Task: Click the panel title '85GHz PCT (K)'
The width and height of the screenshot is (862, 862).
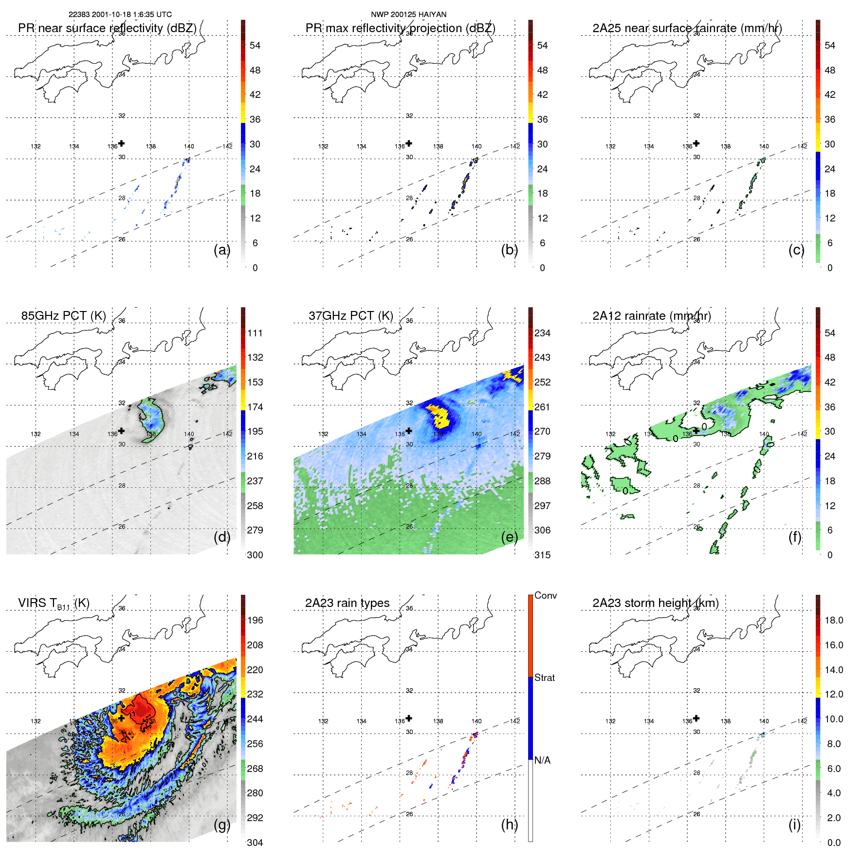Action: (x=63, y=316)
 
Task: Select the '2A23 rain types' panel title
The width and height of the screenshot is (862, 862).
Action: (x=347, y=603)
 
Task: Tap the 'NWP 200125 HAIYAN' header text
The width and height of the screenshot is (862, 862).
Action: (x=408, y=15)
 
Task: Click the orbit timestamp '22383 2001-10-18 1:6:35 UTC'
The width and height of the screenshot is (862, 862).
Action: (x=120, y=15)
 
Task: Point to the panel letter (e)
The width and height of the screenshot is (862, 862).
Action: (x=509, y=537)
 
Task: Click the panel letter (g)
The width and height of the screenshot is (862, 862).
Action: (x=222, y=825)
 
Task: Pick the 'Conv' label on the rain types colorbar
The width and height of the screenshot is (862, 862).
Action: (x=545, y=596)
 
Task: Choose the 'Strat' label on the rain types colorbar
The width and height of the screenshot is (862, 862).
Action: (x=544, y=678)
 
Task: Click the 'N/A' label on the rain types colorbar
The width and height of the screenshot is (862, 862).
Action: (x=542, y=760)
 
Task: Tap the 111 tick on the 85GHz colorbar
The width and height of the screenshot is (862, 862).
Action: (x=255, y=333)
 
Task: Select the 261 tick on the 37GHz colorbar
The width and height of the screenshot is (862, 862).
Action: (x=542, y=407)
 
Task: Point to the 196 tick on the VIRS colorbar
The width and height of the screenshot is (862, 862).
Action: (x=255, y=621)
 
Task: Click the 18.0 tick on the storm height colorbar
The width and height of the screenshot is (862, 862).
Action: (x=833, y=621)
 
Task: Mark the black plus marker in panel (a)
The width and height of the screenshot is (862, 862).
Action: (x=121, y=143)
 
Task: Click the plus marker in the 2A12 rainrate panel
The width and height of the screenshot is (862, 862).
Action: (x=696, y=431)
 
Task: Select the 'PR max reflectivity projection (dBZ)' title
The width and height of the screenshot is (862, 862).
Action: (x=400, y=28)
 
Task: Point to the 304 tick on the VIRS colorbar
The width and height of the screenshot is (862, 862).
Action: (x=255, y=843)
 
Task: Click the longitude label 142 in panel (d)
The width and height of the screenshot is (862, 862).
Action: (x=227, y=434)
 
